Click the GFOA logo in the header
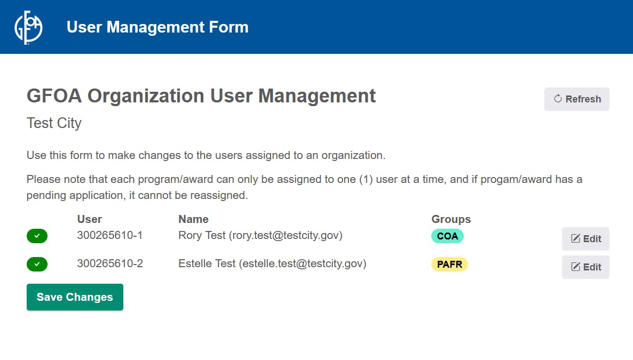pyautogui.click(x=28, y=27)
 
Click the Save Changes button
pyautogui.click(x=75, y=297)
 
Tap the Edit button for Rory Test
pyautogui.click(x=585, y=239)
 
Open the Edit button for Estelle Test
pyautogui.click(x=585, y=267)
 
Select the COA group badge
pyautogui.click(x=447, y=236)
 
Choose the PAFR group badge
pyautogui.click(x=449, y=265)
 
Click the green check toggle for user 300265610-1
pyautogui.click(x=37, y=236)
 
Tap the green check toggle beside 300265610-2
pyautogui.click(x=37, y=265)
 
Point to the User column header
pyautogui.click(x=90, y=219)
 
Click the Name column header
pyautogui.click(x=193, y=219)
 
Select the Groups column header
pyautogui.click(x=451, y=219)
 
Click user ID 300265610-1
pyautogui.click(x=110, y=235)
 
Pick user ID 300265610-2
pyautogui.click(x=110, y=263)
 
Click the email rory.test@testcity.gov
pyautogui.click(x=286, y=236)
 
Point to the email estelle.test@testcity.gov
pyautogui.click(x=303, y=264)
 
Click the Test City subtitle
pyautogui.click(x=54, y=123)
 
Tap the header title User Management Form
pyautogui.click(x=157, y=27)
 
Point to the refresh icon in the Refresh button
pyautogui.click(x=558, y=99)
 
